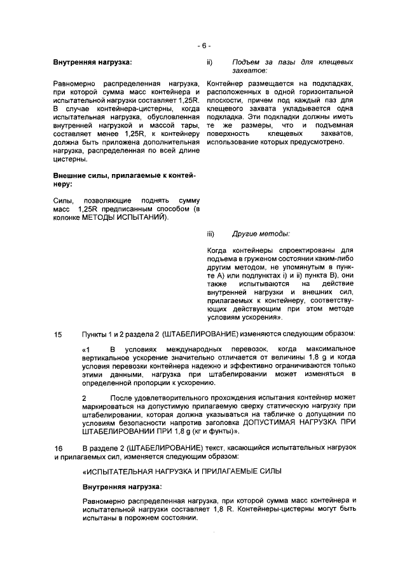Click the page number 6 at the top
pyautogui.click(x=203, y=46)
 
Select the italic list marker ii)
pyautogui.click(x=210, y=62)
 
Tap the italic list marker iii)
pyautogui.click(x=211, y=233)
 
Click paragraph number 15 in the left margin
pyautogui.click(x=59, y=334)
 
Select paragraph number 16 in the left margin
pyautogui.click(x=59, y=449)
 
